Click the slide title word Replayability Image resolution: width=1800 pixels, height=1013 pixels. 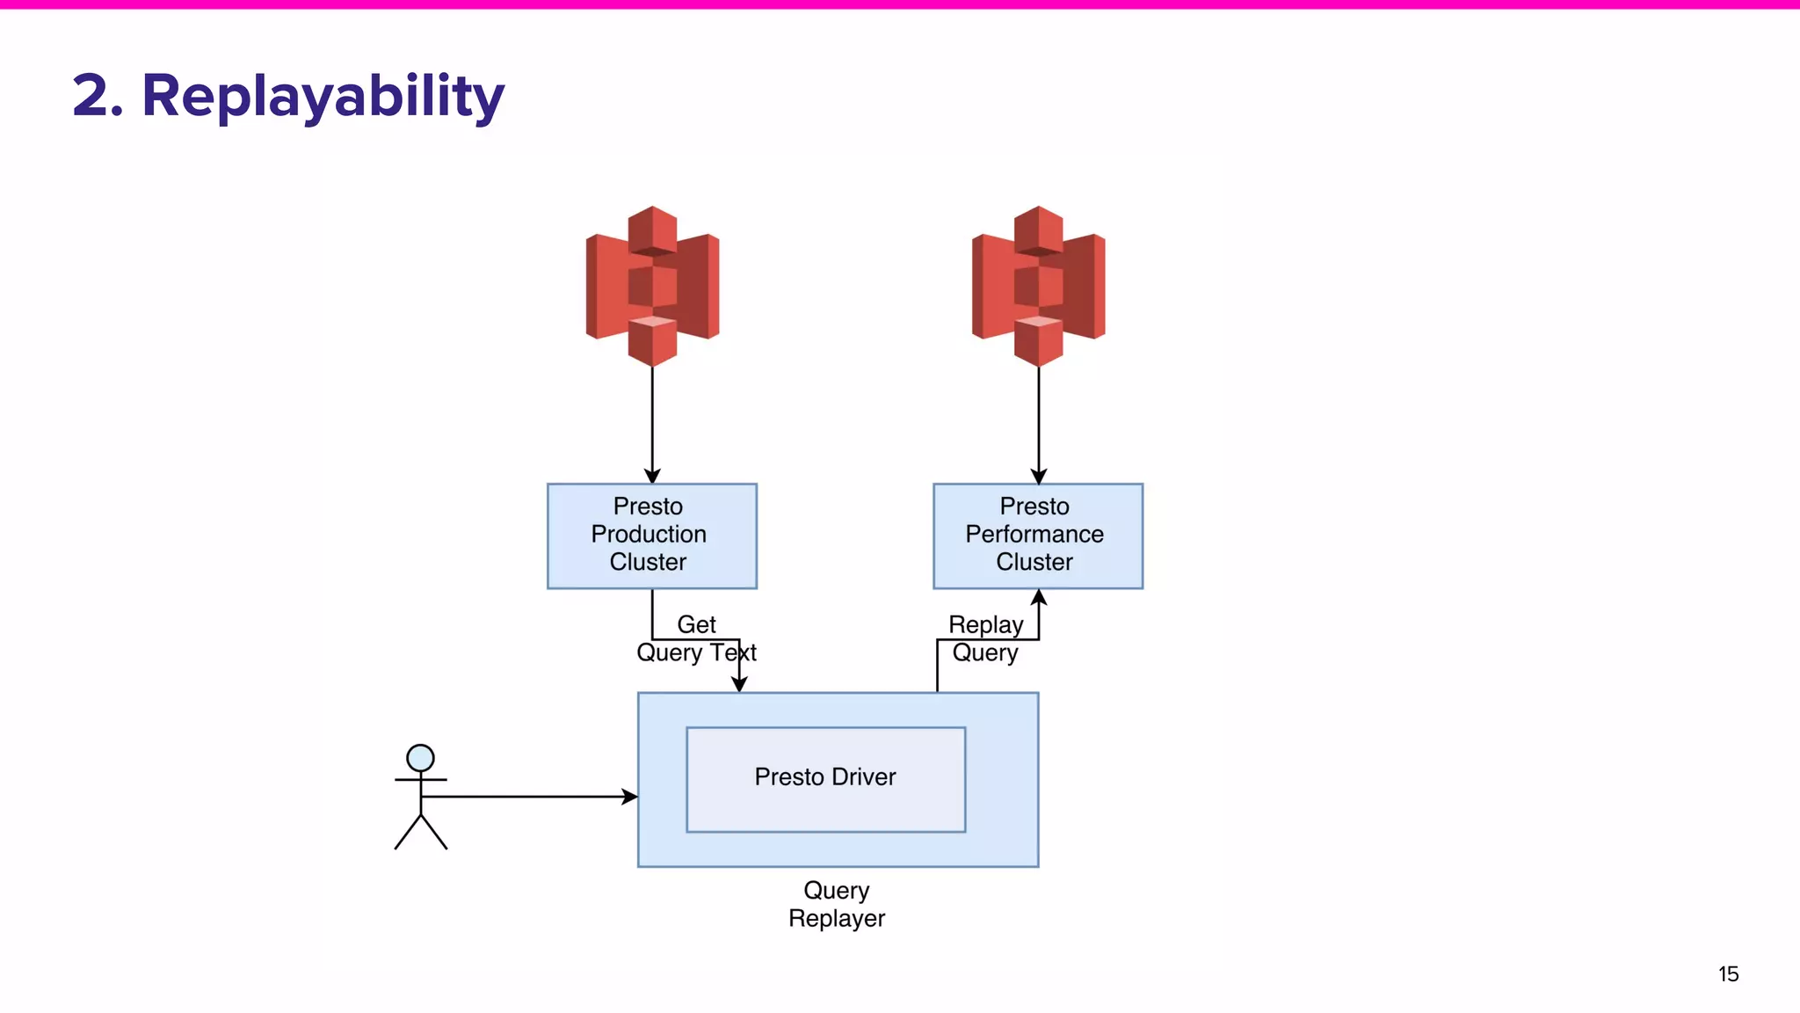point(323,97)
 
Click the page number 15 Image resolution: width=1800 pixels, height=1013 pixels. point(1728,974)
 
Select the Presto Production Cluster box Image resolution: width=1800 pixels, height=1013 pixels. point(651,536)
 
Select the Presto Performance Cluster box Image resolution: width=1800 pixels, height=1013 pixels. point(1037,536)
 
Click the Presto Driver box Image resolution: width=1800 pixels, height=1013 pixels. point(825,778)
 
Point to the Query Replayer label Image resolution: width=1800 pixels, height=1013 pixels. point(836,904)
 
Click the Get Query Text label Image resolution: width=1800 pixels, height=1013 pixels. point(696,638)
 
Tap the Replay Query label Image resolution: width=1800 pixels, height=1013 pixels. point(985,638)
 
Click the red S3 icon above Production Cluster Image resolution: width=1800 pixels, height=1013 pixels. point(652,286)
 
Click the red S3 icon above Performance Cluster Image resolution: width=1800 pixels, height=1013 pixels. point(1038,286)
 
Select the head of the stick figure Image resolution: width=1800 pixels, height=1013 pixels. point(420,758)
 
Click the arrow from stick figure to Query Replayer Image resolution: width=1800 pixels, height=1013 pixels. point(527,797)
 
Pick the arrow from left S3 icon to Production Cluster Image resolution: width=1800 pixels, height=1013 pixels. point(652,422)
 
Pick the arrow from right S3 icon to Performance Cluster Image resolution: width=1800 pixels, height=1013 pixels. point(1038,422)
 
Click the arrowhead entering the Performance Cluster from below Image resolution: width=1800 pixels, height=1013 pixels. point(1038,598)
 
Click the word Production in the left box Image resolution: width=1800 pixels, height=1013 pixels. point(649,535)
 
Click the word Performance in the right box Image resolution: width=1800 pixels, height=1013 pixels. point(1034,535)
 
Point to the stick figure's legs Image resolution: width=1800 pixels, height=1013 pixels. point(421,833)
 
